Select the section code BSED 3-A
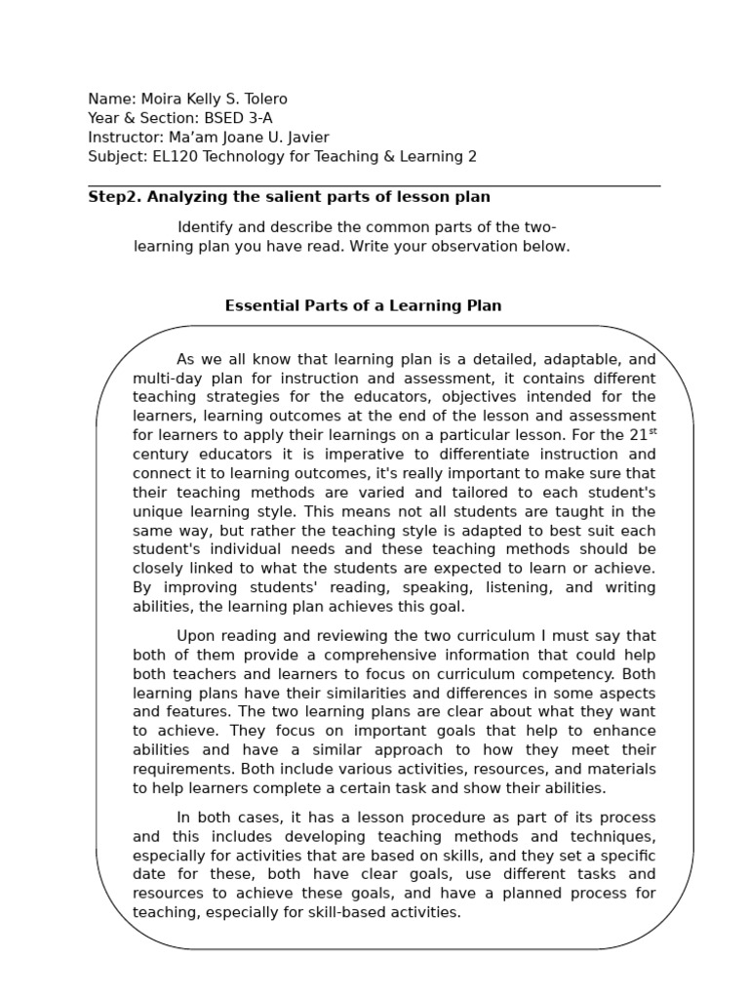[x=244, y=118]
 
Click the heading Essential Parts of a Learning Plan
[x=363, y=305]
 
